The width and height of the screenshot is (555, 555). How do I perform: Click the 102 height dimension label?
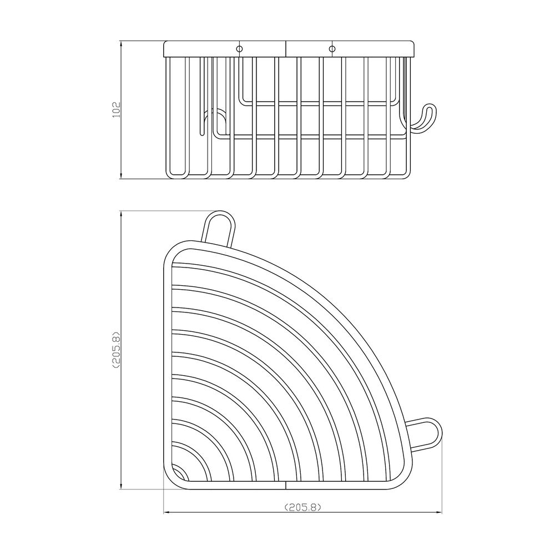pyautogui.click(x=117, y=110)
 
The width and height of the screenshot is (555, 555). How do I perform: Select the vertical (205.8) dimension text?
pyautogui.click(x=117, y=350)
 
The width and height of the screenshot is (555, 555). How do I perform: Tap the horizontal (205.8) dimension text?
pyautogui.click(x=303, y=507)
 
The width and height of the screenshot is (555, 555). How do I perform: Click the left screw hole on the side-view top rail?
pyautogui.click(x=240, y=48)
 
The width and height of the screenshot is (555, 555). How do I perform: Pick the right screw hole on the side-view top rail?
pyautogui.click(x=332, y=48)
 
